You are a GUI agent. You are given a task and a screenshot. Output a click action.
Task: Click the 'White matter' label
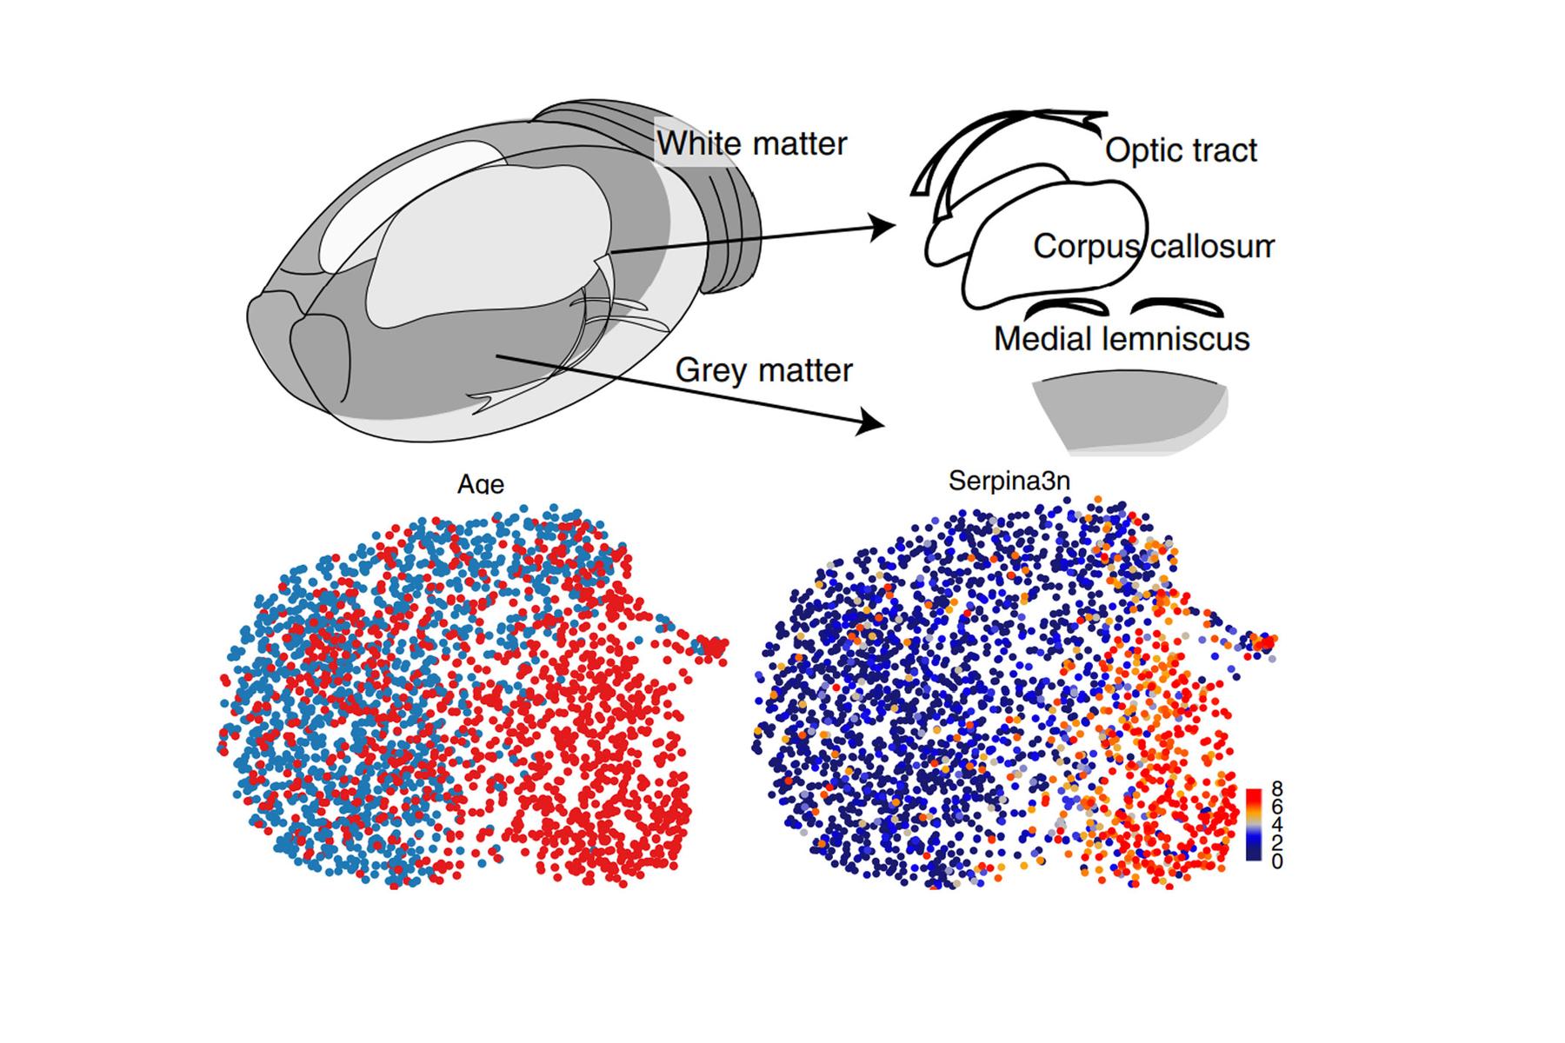[751, 144]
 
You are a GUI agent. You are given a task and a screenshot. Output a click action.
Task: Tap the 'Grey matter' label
[763, 371]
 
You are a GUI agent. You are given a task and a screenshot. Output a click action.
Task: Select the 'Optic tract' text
[1181, 151]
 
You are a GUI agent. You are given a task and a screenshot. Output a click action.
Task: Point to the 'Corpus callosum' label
[1153, 247]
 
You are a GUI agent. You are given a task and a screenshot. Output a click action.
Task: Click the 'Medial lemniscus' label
[1122, 339]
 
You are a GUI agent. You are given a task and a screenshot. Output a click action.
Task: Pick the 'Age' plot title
[481, 483]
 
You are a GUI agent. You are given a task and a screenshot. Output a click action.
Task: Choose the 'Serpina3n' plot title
[1009, 481]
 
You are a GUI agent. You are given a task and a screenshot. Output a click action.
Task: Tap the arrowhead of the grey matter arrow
[875, 424]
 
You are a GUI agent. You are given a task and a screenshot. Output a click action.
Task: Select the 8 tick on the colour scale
[1276, 789]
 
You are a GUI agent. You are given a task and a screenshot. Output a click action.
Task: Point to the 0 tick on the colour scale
[1276, 861]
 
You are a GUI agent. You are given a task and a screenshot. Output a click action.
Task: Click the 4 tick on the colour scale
[1276, 825]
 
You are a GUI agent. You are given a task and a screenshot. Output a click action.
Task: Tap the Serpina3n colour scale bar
[1254, 824]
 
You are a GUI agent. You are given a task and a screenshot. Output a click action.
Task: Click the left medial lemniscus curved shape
[1068, 307]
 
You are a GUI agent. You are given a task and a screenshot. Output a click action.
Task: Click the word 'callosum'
[1212, 247]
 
